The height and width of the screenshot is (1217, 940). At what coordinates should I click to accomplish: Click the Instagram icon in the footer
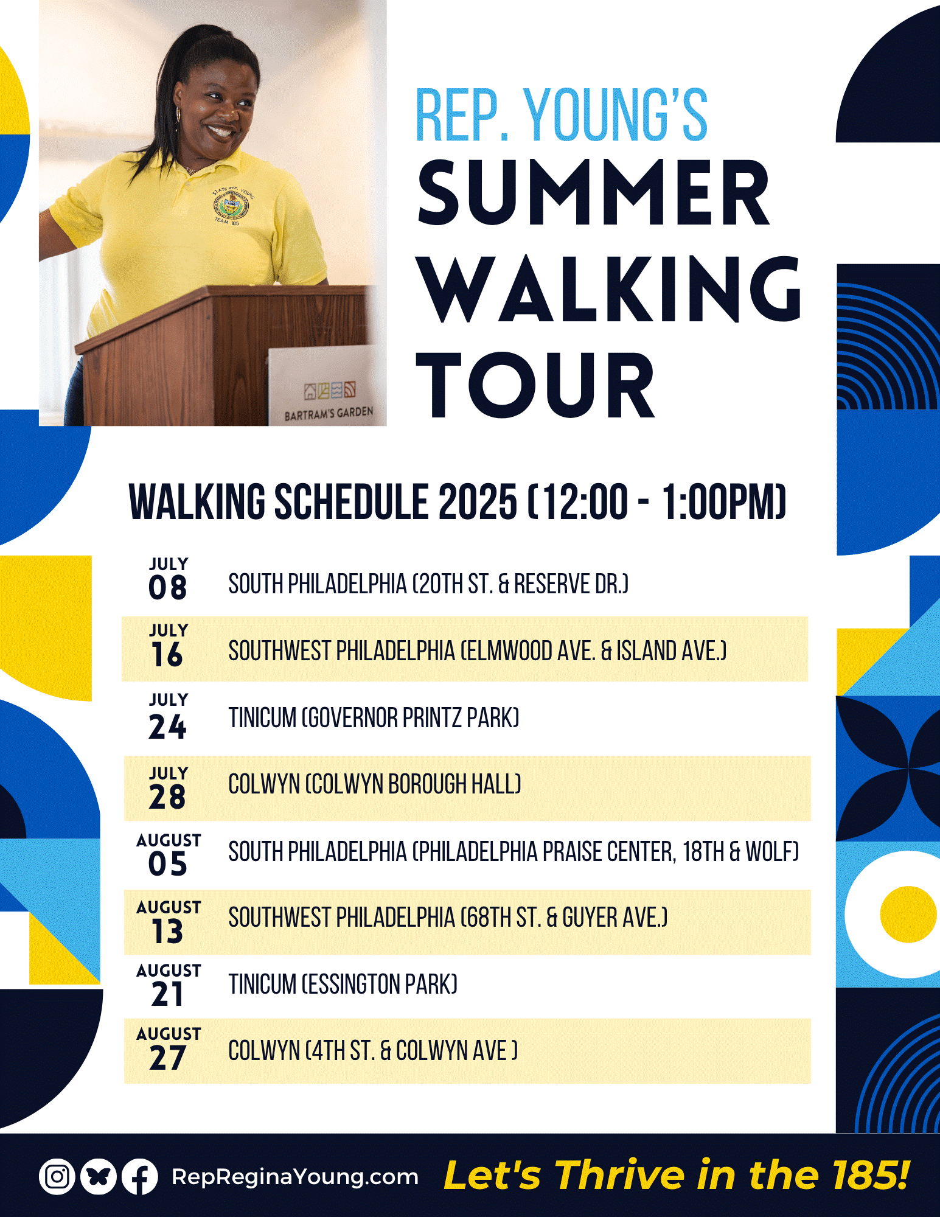(x=57, y=1176)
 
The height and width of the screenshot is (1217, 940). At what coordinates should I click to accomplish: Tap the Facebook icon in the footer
(x=140, y=1176)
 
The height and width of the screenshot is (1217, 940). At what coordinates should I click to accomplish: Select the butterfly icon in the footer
(x=98, y=1176)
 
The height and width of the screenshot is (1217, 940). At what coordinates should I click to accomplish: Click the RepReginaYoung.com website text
(x=295, y=1177)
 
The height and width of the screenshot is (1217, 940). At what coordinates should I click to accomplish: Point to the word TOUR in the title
(x=535, y=385)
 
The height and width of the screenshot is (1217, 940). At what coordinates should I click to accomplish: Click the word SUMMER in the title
(x=594, y=192)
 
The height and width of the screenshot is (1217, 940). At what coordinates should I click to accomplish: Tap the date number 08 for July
(x=168, y=588)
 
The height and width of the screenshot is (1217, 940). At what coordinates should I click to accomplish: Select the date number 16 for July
(x=168, y=655)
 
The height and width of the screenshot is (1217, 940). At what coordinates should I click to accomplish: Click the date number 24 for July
(x=168, y=727)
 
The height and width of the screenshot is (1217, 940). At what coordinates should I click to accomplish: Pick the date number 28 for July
(x=168, y=797)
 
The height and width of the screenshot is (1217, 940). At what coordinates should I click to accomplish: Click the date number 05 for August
(x=168, y=864)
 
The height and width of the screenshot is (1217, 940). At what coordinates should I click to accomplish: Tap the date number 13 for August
(x=168, y=931)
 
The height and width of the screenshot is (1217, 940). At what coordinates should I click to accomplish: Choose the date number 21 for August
(x=168, y=994)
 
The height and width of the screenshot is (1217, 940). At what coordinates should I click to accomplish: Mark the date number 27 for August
(x=168, y=1058)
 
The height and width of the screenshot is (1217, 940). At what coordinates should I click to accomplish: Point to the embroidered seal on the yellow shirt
(x=232, y=207)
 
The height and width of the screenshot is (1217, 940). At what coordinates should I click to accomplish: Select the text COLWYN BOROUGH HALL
(x=413, y=784)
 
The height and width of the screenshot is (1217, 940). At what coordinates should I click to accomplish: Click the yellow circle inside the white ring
(x=908, y=914)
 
